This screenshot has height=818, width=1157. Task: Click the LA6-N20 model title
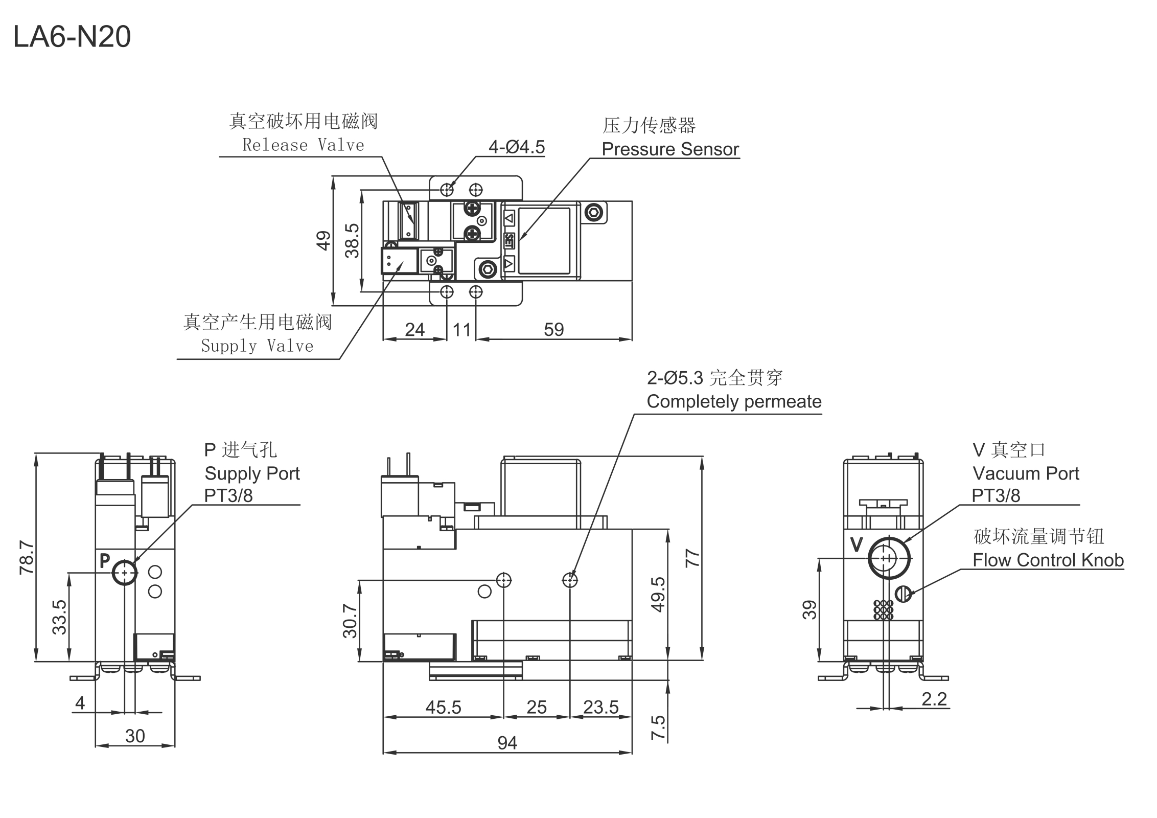coord(72,37)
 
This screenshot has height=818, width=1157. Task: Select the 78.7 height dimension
coord(27,557)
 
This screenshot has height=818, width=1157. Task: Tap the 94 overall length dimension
coord(507,743)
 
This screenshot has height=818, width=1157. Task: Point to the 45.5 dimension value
coord(443,707)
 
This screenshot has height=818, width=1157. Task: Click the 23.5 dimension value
coord(600,707)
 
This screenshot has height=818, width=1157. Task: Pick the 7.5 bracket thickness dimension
coord(658,727)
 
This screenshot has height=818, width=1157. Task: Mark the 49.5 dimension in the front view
coord(658,594)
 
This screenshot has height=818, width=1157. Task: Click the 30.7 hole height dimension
coord(350,621)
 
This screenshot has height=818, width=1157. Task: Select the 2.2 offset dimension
coord(934,699)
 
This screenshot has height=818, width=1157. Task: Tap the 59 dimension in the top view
coord(554,329)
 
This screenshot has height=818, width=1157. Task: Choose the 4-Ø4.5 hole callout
coord(517,147)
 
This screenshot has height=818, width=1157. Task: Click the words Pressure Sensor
coord(670,149)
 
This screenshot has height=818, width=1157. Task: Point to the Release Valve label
coord(303,145)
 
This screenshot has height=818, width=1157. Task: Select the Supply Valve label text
coord(257,346)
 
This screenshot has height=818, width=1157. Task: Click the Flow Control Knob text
coord(1048,560)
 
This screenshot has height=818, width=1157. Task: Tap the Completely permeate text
coord(734,401)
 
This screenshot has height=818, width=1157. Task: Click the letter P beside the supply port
coord(105,561)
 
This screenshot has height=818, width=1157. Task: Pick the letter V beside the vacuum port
coord(857,545)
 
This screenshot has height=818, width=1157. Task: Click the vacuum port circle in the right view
coord(889,558)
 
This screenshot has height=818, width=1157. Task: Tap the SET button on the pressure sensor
coord(509,241)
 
